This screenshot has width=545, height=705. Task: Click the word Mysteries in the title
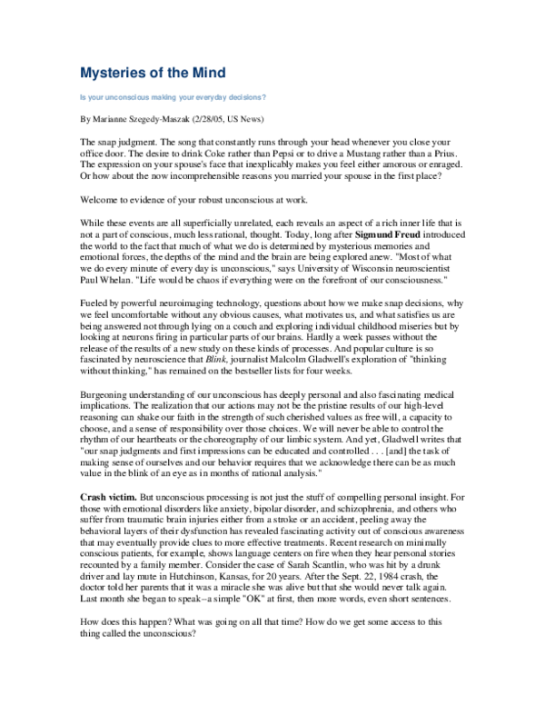pyautogui.click(x=116, y=71)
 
